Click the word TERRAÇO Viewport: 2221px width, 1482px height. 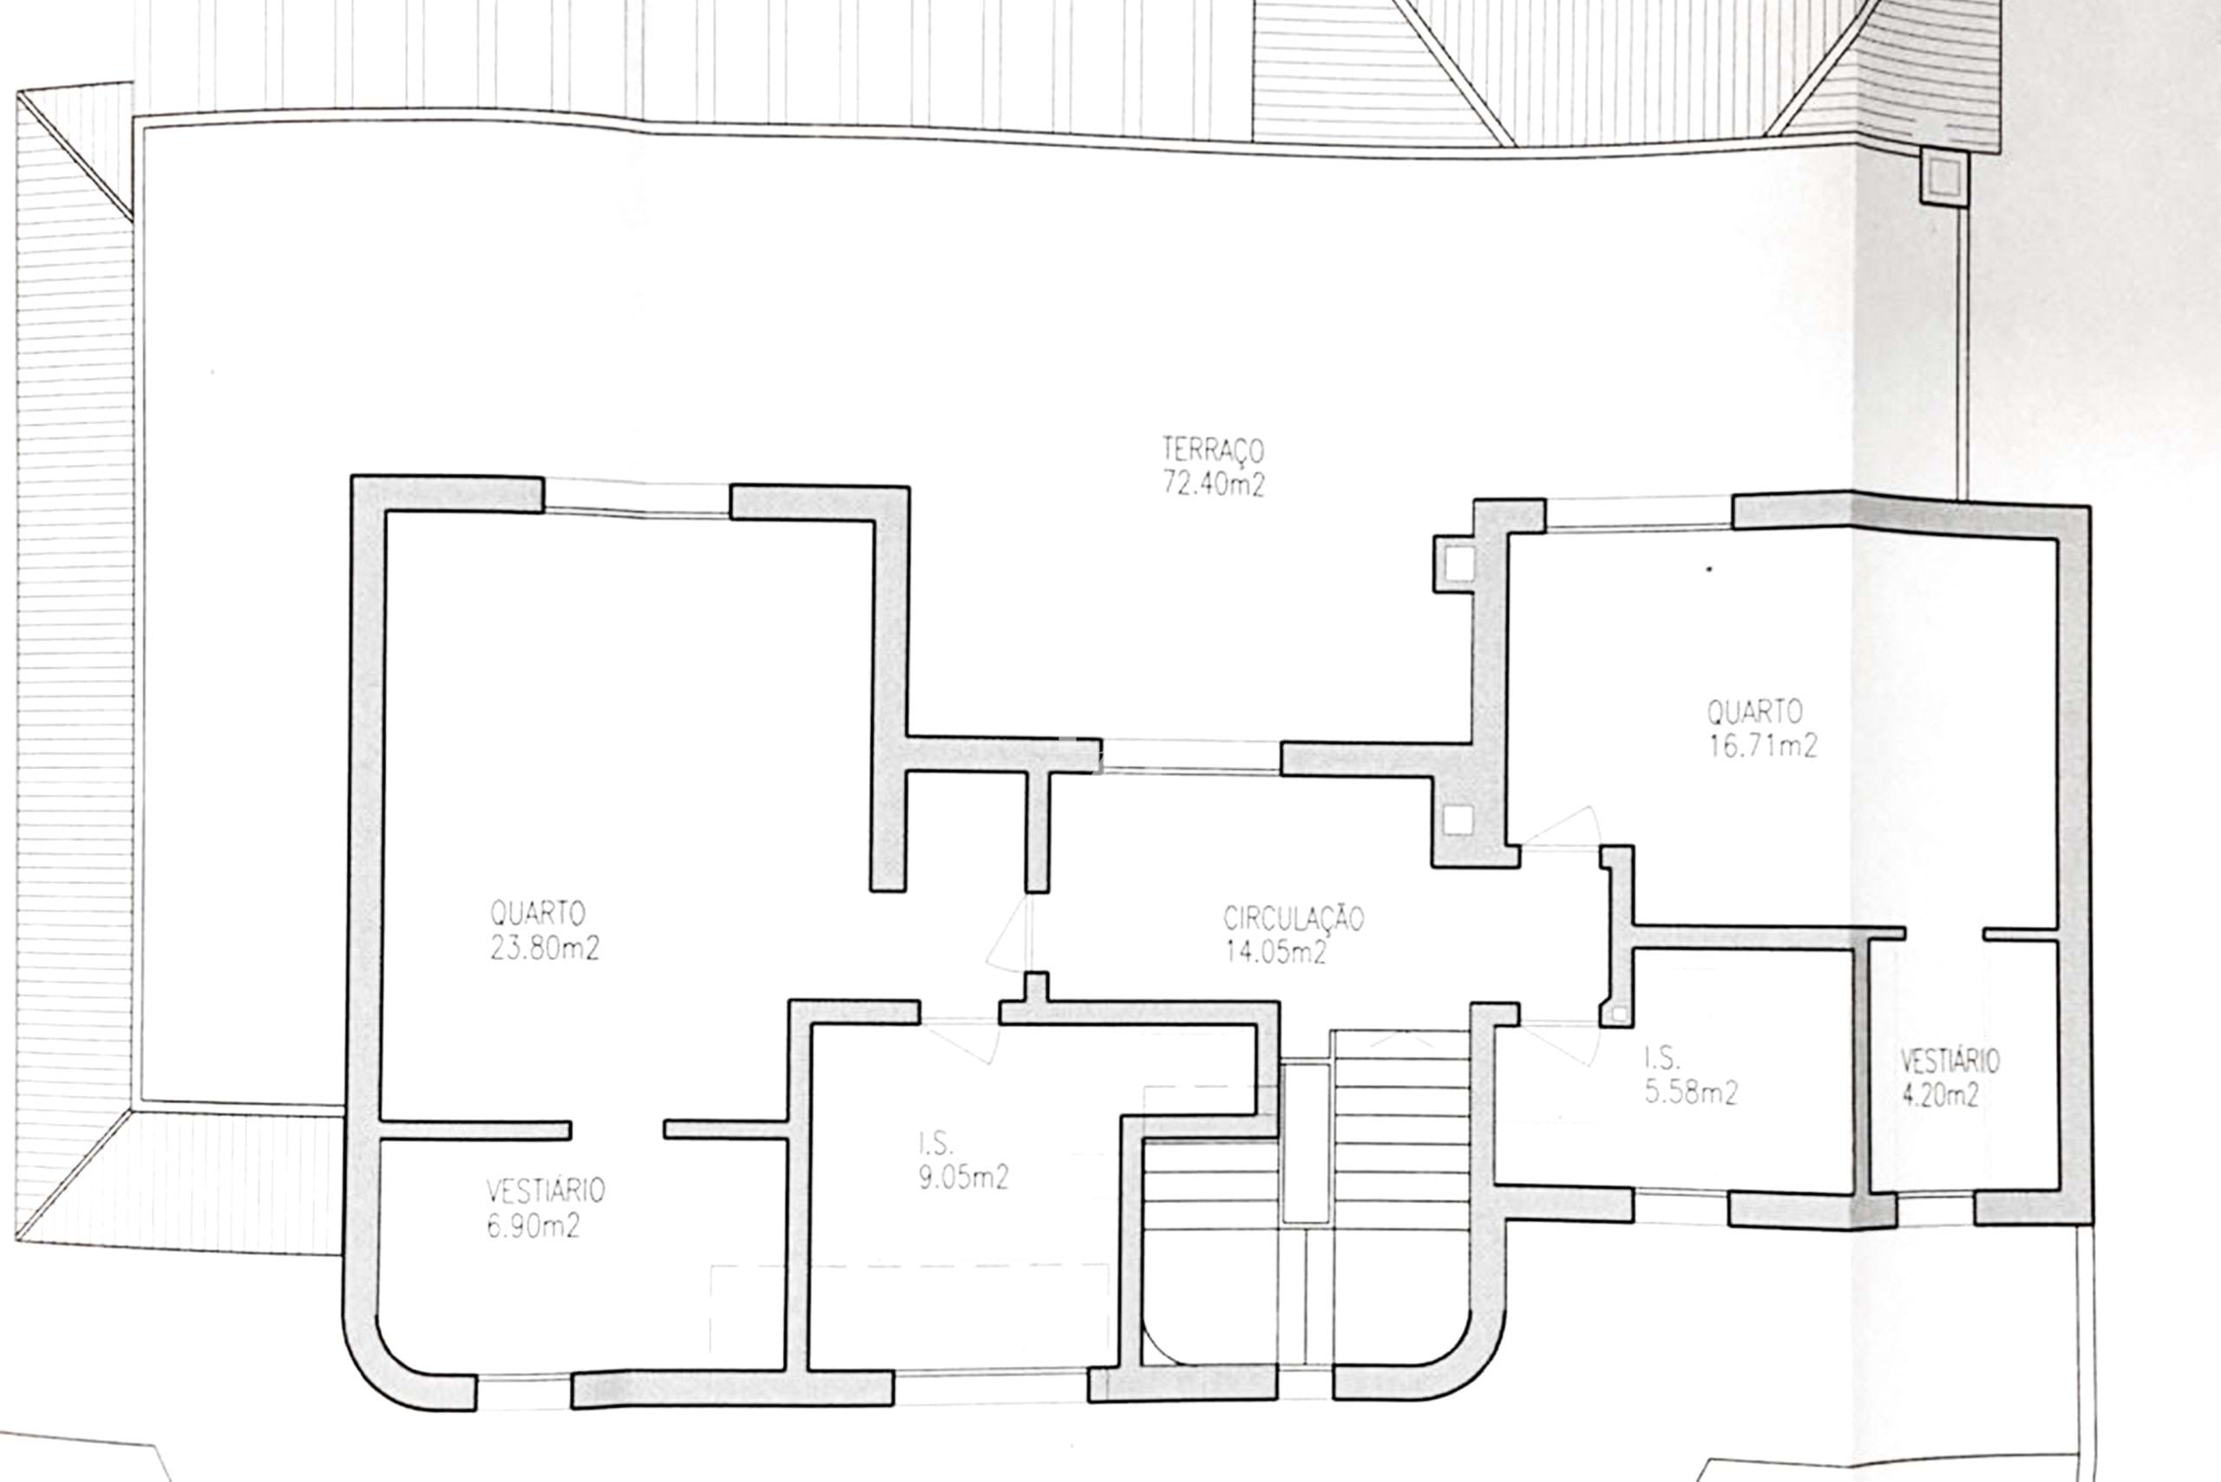(x=1213, y=449)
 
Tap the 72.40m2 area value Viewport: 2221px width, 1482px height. (x=1213, y=484)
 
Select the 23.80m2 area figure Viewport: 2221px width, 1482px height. (x=545, y=948)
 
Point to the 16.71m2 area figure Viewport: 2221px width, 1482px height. (x=1762, y=746)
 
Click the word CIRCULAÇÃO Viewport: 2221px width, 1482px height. (x=1294, y=917)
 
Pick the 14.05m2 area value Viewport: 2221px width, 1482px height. (x=1275, y=950)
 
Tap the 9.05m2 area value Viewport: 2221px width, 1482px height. (x=964, y=1178)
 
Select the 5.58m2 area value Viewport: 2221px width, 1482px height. (x=1692, y=1093)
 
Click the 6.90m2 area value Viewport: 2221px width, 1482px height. (x=534, y=1226)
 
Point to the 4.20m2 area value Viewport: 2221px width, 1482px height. (x=1939, y=1095)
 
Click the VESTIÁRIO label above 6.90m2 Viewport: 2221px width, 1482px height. (x=546, y=1190)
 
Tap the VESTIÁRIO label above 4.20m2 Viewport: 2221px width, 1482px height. (x=1949, y=1061)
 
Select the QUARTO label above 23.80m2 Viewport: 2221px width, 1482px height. (x=537, y=913)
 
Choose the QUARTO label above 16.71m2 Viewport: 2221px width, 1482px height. (x=1755, y=711)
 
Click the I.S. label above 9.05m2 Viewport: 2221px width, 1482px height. (x=935, y=1144)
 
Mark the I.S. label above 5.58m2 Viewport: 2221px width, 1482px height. (x=1662, y=1060)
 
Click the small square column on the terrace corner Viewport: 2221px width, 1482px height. (x=1944, y=176)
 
